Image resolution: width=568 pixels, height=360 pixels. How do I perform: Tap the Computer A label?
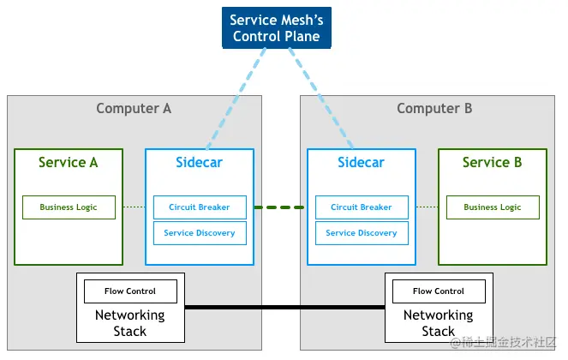[134, 108]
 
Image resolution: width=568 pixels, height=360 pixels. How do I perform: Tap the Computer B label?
[434, 108]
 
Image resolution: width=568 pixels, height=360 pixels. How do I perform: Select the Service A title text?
[69, 162]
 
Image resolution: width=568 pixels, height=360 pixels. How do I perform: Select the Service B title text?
[492, 162]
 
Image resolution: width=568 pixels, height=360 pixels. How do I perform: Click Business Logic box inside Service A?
[69, 207]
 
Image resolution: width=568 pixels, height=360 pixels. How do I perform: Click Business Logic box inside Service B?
[493, 207]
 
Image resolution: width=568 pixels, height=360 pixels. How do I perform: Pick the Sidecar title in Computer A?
[199, 162]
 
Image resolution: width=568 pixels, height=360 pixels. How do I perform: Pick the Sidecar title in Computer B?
[361, 162]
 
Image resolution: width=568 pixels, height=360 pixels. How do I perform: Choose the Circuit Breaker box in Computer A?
[200, 207]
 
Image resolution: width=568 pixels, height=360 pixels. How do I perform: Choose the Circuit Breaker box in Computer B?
[362, 207]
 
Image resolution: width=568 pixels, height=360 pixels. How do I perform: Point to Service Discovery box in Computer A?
[200, 233]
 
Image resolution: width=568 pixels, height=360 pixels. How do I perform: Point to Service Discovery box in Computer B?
[362, 233]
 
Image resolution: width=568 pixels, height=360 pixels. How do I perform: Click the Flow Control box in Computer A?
[130, 291]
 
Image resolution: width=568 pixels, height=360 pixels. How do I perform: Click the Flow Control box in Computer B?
[439, 291]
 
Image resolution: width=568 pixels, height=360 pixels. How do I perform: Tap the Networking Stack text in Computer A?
[130, 323]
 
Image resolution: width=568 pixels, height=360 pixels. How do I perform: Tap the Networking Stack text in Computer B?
[439, 323]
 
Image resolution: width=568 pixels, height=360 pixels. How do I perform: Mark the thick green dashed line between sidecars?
[280, 207]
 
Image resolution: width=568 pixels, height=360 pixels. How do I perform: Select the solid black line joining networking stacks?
[284, 307]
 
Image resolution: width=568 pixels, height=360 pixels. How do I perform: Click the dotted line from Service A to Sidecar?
[134, 207]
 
